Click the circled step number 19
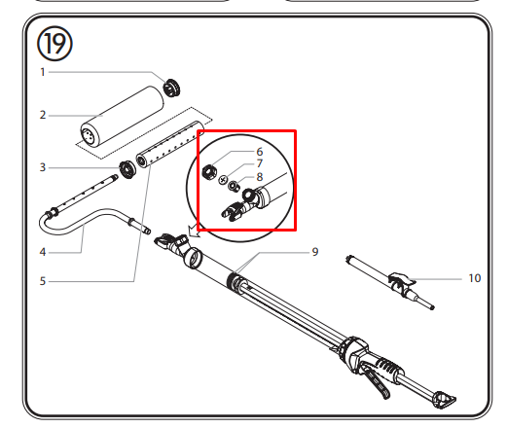click(54, 44)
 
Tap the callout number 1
click(43, 72)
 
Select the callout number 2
click(43, 115)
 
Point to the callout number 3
click(43, 167)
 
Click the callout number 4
click(43, 252)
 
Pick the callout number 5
click(43, 281)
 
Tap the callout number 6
click(260, 152)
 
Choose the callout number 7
click(260, 163)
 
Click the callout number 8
click(260, 177)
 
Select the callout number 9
click(315, 252)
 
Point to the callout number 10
click(475, 278)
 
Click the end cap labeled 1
click(171, 88)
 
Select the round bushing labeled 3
click(127, 169)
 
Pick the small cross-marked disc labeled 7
click(223, 180)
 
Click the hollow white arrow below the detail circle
click(194, 231)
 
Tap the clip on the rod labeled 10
click(402, 282)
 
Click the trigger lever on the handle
click(377, 381)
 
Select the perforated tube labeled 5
click(170, 144)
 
